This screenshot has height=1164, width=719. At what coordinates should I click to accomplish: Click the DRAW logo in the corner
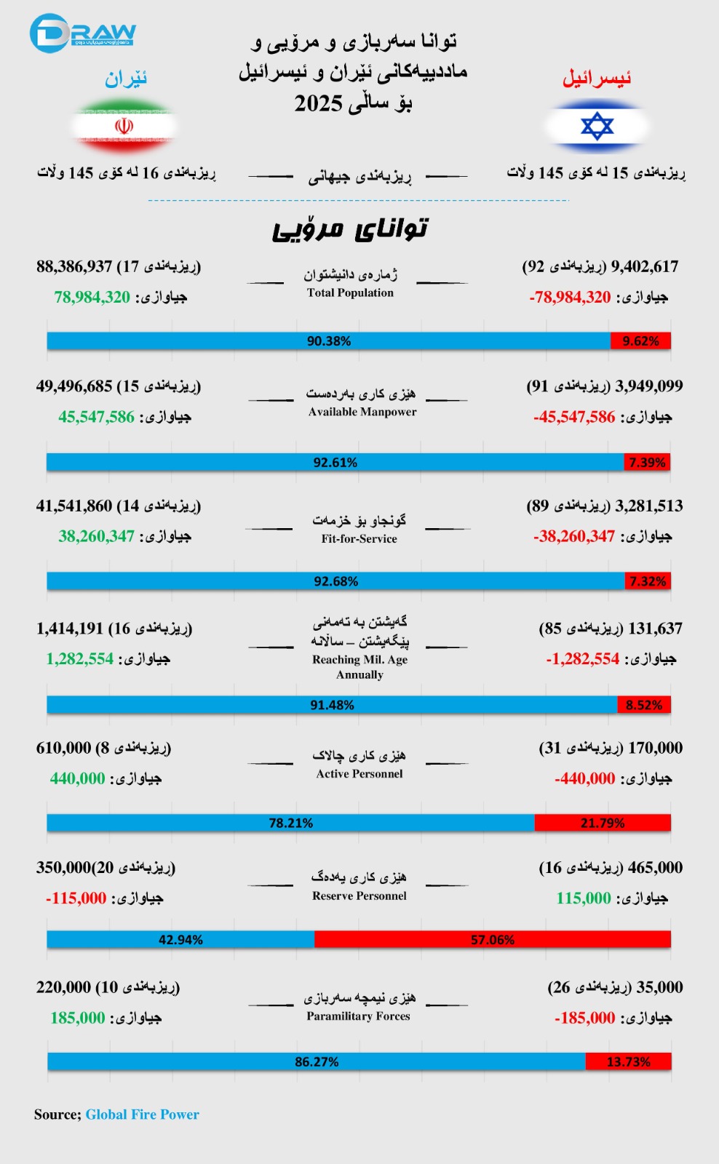[x=82, y=33]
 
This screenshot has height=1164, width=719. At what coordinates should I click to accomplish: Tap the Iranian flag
[x=124, y=126]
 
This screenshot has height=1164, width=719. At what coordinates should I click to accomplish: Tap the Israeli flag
[x=597, y=126]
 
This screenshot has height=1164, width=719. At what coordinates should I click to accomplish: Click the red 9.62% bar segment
[x=640, y=340]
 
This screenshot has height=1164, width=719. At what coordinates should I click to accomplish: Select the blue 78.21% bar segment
[x=290, y=823]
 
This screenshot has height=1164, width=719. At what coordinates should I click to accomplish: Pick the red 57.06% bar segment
[x=493, y=939]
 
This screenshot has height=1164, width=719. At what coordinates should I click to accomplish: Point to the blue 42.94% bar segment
[x=180, y=939]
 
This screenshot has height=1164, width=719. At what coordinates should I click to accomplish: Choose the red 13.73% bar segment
[x=628, y=1061]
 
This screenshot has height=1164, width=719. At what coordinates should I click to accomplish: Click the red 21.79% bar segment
[x=602, y=823]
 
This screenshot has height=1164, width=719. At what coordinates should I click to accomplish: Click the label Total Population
[x=350, y=292]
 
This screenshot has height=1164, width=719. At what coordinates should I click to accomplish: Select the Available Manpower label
[x=362, y=412]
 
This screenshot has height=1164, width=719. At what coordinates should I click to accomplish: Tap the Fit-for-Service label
[x=359, y=538]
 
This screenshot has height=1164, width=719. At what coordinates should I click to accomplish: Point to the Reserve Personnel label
[x=359, y=896]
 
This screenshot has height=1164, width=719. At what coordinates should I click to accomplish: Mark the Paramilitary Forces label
[x=358, y=1016]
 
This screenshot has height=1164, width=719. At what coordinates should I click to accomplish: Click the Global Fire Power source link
[x=142, y=1114]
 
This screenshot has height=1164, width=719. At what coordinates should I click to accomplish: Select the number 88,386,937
[x=74, y=266]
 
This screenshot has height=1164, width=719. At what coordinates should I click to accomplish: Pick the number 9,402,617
[x=645, y=266]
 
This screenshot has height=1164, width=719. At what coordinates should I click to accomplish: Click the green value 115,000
[x=584, y=898]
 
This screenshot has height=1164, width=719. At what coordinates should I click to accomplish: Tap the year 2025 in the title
[x=318, y=103]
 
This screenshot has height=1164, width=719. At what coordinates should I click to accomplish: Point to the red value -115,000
[x=76, y=898]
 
